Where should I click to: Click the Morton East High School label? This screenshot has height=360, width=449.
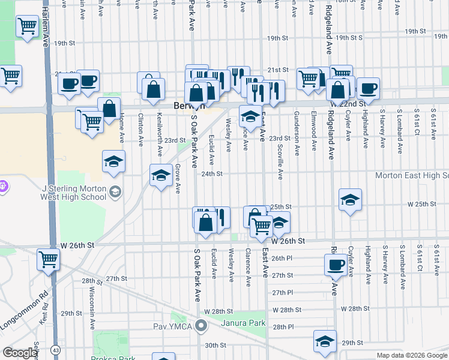(x=412, y=175)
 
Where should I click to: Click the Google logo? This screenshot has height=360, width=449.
(x=20, y=353)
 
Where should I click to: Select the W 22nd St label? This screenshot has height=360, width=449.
(x=347, y=104)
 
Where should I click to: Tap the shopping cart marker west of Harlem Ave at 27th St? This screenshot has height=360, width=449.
(x=47, y=260)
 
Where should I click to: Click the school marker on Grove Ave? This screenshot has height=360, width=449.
(x=160, y=175)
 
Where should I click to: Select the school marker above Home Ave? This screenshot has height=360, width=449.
(x=113, y=161)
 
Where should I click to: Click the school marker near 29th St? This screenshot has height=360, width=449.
(x=325, y=341)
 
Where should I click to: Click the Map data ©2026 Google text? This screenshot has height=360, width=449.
(x=412, y=355)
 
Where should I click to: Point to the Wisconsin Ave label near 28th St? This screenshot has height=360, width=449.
(x=93, y=305)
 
